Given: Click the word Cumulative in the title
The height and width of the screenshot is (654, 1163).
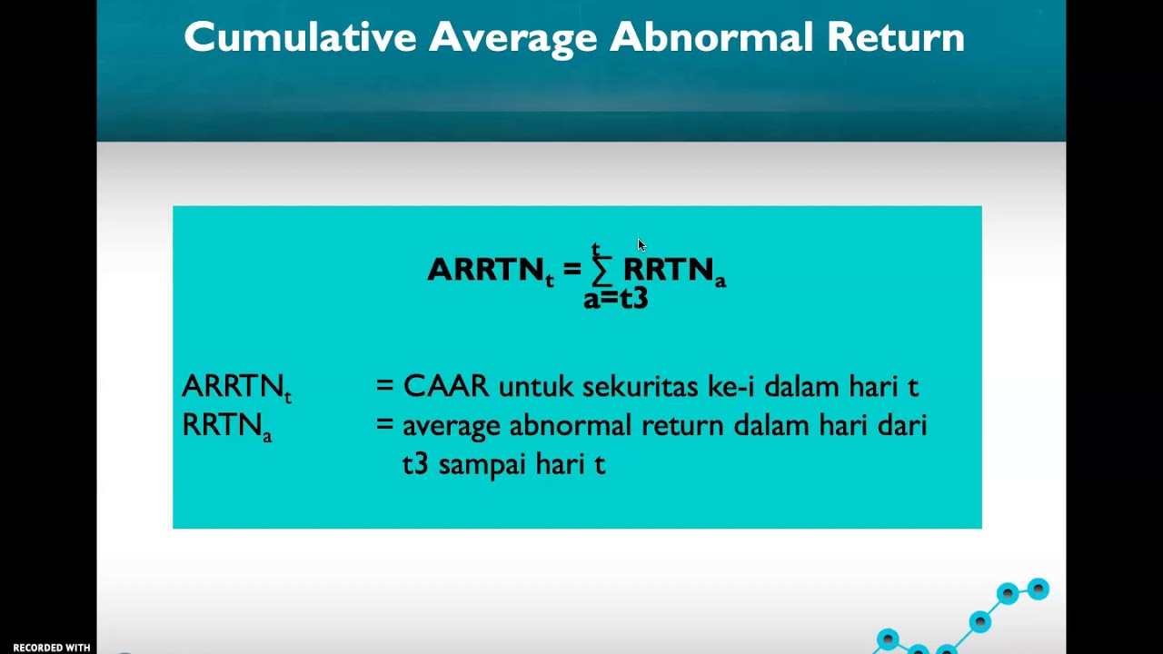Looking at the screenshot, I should tap(299, 37).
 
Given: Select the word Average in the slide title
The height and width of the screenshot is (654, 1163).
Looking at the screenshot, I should tap(512, 37).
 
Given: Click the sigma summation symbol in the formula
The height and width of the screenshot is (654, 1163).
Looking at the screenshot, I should tap(602, 270).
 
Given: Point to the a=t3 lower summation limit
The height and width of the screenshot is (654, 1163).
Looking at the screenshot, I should tap(615, 298).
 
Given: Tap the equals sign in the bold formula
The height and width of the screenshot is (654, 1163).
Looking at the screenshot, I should tap(572, 270).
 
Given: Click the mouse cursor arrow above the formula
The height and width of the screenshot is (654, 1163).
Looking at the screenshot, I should tap(641, 245).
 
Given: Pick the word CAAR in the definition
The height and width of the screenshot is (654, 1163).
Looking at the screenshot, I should tap(445, 386).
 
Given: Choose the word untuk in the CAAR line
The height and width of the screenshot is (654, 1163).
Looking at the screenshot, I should tap(536, 387).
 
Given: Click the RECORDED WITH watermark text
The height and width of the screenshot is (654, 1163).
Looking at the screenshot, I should tap(51, 648).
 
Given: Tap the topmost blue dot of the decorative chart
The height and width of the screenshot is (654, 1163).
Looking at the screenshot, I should tap(1038, 590).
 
